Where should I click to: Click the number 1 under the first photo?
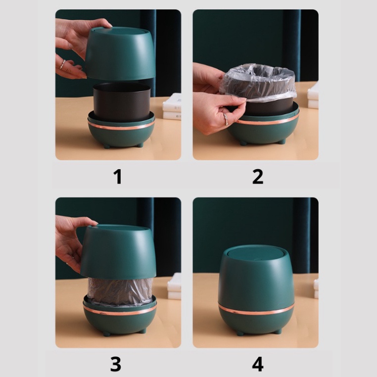[118, 177]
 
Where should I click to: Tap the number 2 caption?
[258, 177]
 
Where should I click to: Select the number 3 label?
[115, 364]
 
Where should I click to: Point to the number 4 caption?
[258, 364]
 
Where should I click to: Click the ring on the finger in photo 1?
[62, 64]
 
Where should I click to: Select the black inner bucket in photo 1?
[122, 101]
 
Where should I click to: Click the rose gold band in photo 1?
[121, 127]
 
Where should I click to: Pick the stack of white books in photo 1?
[172, 106]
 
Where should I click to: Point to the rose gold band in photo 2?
[267, 120]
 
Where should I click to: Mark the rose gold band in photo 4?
[256, 311]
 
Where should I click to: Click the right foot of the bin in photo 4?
[278, 331]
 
